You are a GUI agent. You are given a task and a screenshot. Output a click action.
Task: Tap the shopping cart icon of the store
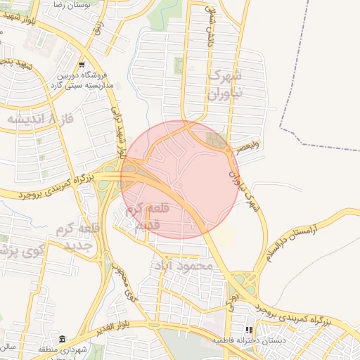(82, 63)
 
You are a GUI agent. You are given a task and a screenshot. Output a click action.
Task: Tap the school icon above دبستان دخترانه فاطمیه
(248, 329)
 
